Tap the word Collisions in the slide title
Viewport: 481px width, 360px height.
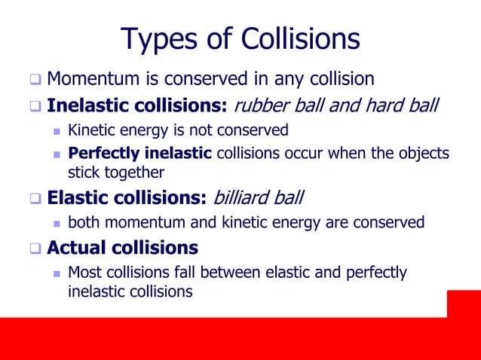[299, 38]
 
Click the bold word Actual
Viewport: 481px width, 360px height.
[78, 247]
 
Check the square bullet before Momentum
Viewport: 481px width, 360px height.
[35, 79]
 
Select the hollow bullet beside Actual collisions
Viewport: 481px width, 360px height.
[35, 248]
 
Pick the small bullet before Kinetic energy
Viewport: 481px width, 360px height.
[57, 131]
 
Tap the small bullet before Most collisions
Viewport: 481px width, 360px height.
[57, 273]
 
